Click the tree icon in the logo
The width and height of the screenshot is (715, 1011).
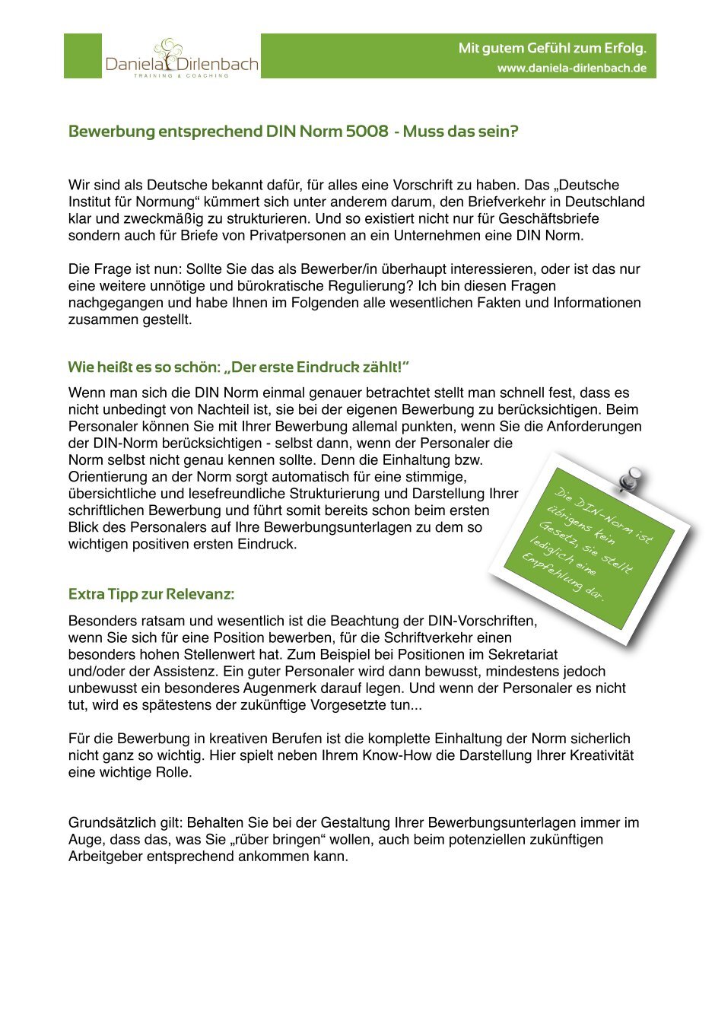click(x=169, y=51)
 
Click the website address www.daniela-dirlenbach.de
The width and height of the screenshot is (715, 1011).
click(x=572, y=68)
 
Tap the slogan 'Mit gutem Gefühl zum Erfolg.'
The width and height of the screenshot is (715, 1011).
click(x=552, y=49)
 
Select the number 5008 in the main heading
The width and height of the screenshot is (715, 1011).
click(x=367, y=132)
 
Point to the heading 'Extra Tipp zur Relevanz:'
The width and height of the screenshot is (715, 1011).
click(x=151, y=594)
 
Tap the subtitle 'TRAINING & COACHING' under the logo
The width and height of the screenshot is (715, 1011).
click(x=181, y=76)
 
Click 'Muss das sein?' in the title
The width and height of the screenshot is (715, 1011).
click(x=460, y=132)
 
